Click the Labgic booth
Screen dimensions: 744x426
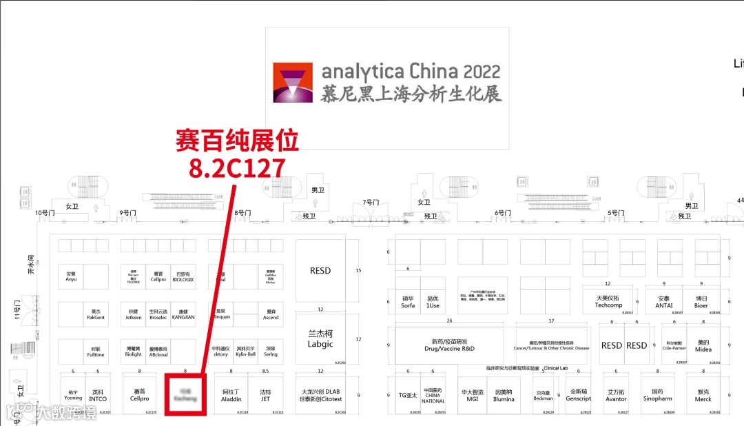click(x=320, y=339)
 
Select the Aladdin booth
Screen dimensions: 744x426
click(x=231, y=395)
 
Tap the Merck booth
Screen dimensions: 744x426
click(x=703, y=395)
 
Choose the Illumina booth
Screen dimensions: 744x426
click(x=504, y=395)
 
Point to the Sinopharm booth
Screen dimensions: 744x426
click(x=657, y=395)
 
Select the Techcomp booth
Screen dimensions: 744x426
click(x=608, y=301)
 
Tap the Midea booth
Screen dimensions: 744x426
click(x=703, y=345)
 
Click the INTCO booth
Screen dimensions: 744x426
click(x=98, y=395)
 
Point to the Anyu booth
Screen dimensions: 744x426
click(x=72, y=276)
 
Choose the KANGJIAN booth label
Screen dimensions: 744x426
click(x=183, y=314)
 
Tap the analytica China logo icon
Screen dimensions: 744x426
click(x=293, y=83)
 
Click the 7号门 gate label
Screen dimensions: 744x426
click(x=371, y=203)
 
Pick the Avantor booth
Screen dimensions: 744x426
click(x=616, y=395)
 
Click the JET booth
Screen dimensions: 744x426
click(x=265, y=395)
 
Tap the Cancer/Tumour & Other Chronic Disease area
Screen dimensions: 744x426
click(x=552, y=345)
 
